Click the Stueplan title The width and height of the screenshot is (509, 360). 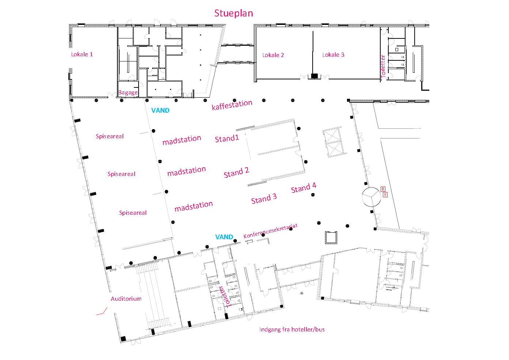[233, 14]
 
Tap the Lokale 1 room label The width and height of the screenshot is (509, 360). [82, 55]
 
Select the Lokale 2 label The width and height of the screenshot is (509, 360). [273, 55]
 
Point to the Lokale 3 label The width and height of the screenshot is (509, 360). [333, 55]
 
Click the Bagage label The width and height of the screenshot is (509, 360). [128, 93]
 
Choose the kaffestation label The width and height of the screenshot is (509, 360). [232, 105]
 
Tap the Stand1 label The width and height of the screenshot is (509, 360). [227, 139]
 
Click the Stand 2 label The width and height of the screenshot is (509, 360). [236, 172]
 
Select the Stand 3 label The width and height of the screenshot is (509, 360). [264, 199]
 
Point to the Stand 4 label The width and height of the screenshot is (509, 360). [303, 188]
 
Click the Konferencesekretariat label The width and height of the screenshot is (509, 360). [270, 231]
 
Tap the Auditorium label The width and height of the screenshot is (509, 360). [126, 299]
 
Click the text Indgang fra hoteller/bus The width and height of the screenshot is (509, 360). [292, 330]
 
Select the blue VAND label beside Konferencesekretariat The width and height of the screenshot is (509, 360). [224, 237]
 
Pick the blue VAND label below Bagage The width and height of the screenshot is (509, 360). [160, 110]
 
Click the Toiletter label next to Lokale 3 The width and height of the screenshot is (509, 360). [383, 66]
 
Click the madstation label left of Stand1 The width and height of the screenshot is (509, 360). [182, 140]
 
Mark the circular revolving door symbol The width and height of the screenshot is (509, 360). [372, 197]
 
